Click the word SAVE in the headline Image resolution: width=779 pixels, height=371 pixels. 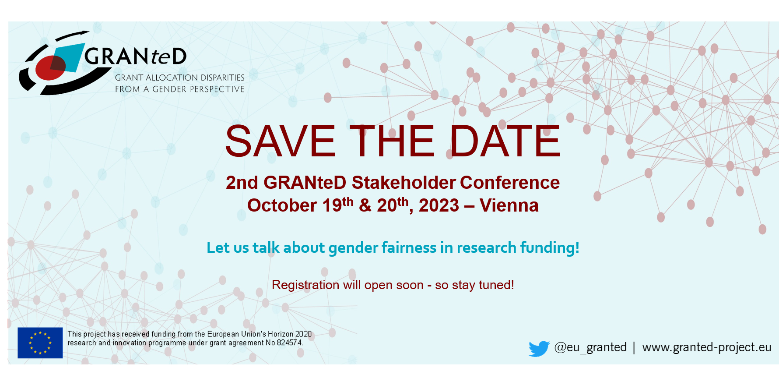point(281,141)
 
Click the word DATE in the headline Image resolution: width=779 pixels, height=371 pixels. point(505,141)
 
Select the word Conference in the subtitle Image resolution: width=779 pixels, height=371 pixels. point(510,183)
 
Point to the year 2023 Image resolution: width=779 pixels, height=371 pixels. point(439,205)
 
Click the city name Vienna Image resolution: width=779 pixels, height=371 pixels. point(509,205)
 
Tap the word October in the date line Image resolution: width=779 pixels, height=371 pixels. point(282,205)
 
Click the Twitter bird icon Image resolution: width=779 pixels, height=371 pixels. point(539,349)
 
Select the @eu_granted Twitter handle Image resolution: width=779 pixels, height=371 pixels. point(590,347)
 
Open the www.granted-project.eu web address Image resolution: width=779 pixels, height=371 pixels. point(707,347)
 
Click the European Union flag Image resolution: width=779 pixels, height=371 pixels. point(40,343)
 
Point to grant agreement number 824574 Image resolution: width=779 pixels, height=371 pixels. point(289,343)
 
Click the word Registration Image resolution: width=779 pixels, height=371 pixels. point(305,285)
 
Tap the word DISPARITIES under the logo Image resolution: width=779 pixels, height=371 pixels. point(222,78)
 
